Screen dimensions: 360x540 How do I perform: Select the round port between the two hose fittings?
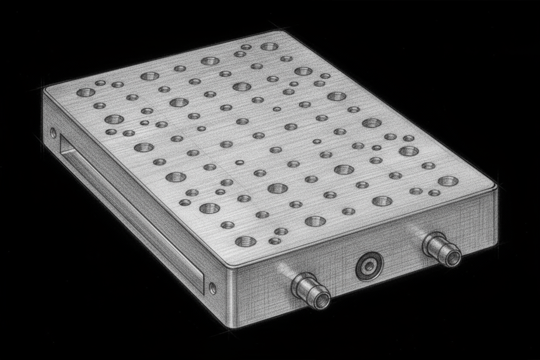tap(370, 267)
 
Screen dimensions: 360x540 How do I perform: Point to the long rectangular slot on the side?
tap(130, 212)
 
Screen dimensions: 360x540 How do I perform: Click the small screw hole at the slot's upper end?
tap(53, 133)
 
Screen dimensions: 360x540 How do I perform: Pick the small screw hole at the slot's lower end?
tap(212, 288)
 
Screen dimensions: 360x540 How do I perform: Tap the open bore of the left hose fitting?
tap(321, 300)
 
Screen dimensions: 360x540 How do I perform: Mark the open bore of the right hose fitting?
tap(452, 258)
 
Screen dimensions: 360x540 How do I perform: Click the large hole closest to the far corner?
tap(269, 46)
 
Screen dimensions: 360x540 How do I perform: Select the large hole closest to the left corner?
tap(86, 92)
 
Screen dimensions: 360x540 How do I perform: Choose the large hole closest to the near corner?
tap(245, 241)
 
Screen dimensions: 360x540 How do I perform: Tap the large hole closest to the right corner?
tap(448, 181)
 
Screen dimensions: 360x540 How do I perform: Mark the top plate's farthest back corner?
tap(283, 32)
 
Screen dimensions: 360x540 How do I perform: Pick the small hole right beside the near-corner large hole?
tap(274, 241)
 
